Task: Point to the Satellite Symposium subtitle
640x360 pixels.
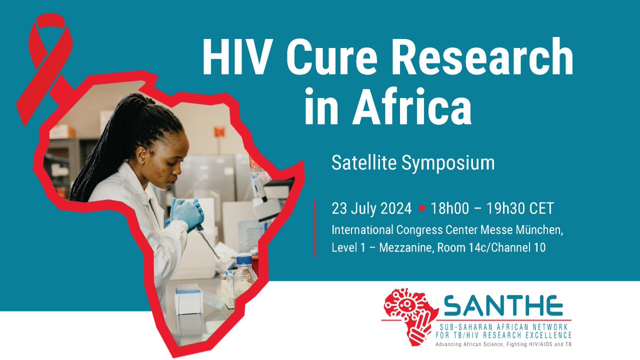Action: coord(413,163)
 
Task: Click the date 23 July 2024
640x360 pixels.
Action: coord(371,209)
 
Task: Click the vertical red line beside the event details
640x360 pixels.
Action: coord(315,229)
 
